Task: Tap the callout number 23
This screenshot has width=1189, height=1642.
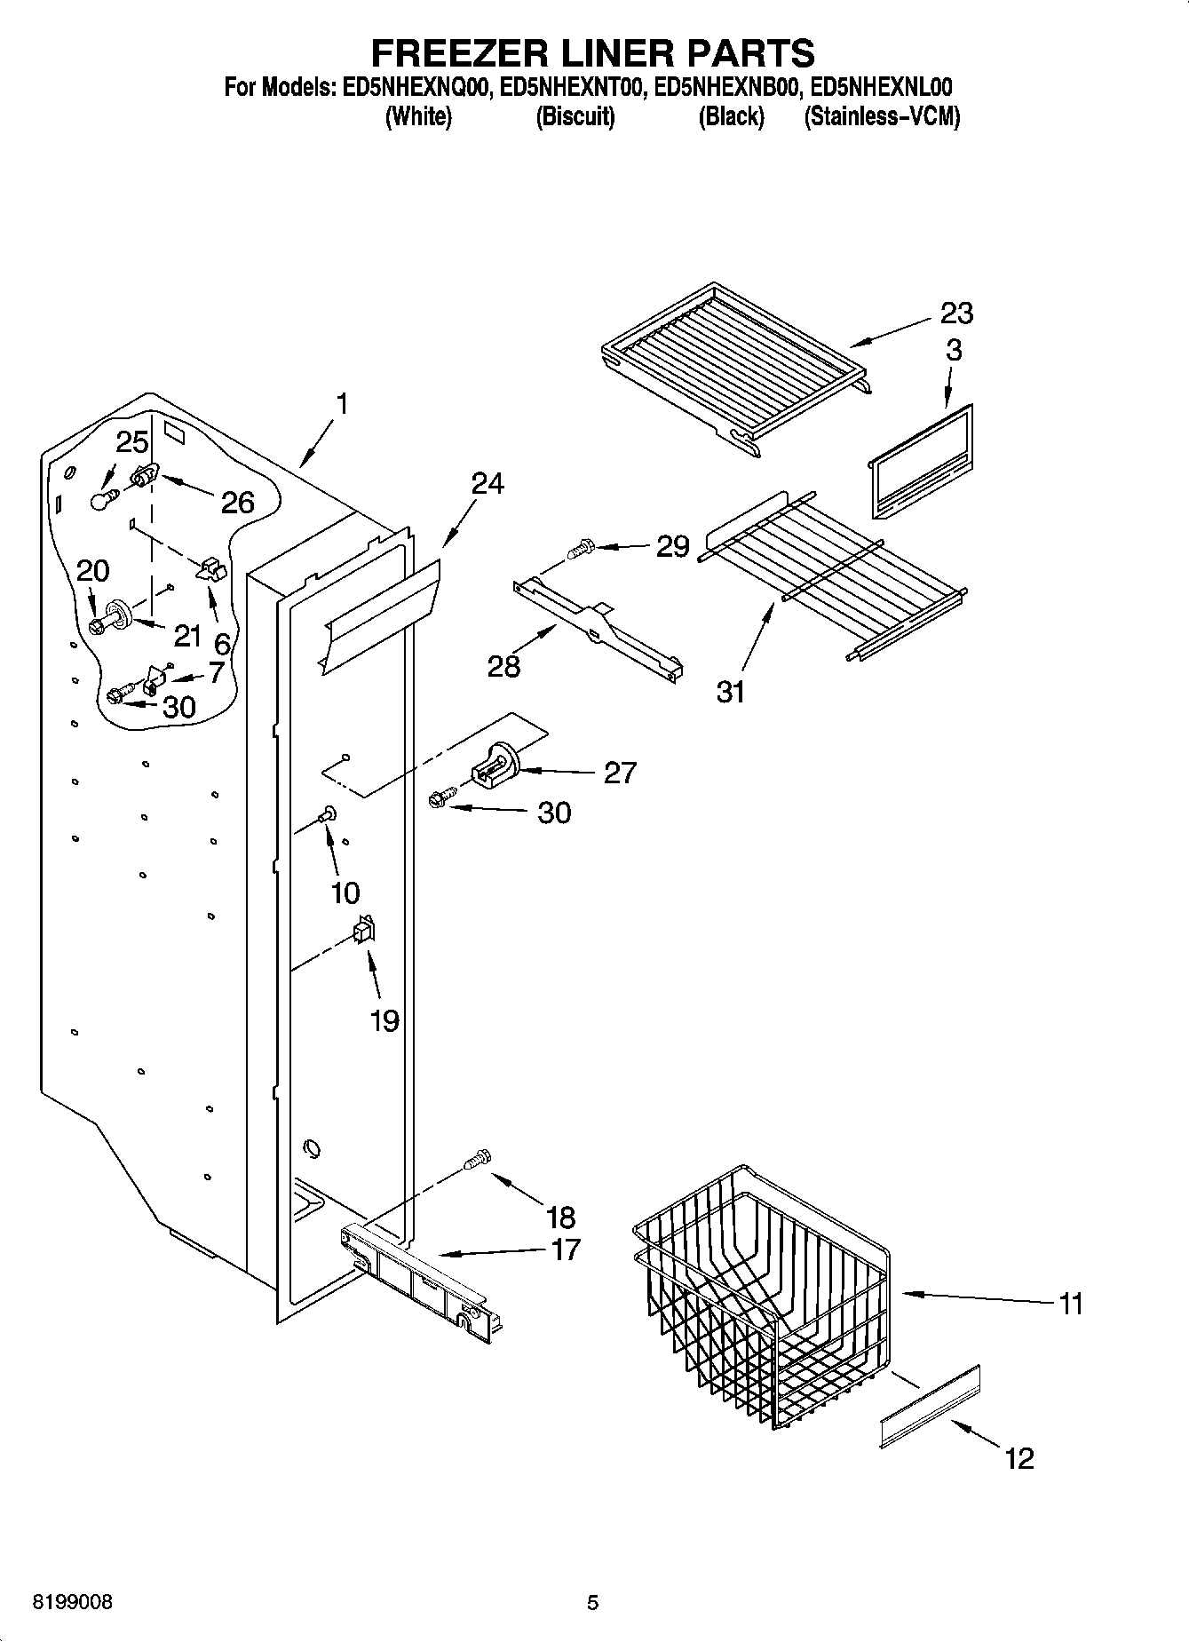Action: click(956, 313)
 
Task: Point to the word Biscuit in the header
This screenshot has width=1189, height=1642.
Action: click(575, 116)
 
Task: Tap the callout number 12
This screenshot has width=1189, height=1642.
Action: click(1019, 1458)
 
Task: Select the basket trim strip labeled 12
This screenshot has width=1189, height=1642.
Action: click(931, 1406)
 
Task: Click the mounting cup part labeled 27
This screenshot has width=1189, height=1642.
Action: click(497, 765)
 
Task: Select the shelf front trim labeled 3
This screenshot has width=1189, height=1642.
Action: click(919, 462)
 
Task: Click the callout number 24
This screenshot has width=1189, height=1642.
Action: click(487, 483)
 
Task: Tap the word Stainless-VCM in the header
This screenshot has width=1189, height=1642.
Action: click(881, 116)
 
